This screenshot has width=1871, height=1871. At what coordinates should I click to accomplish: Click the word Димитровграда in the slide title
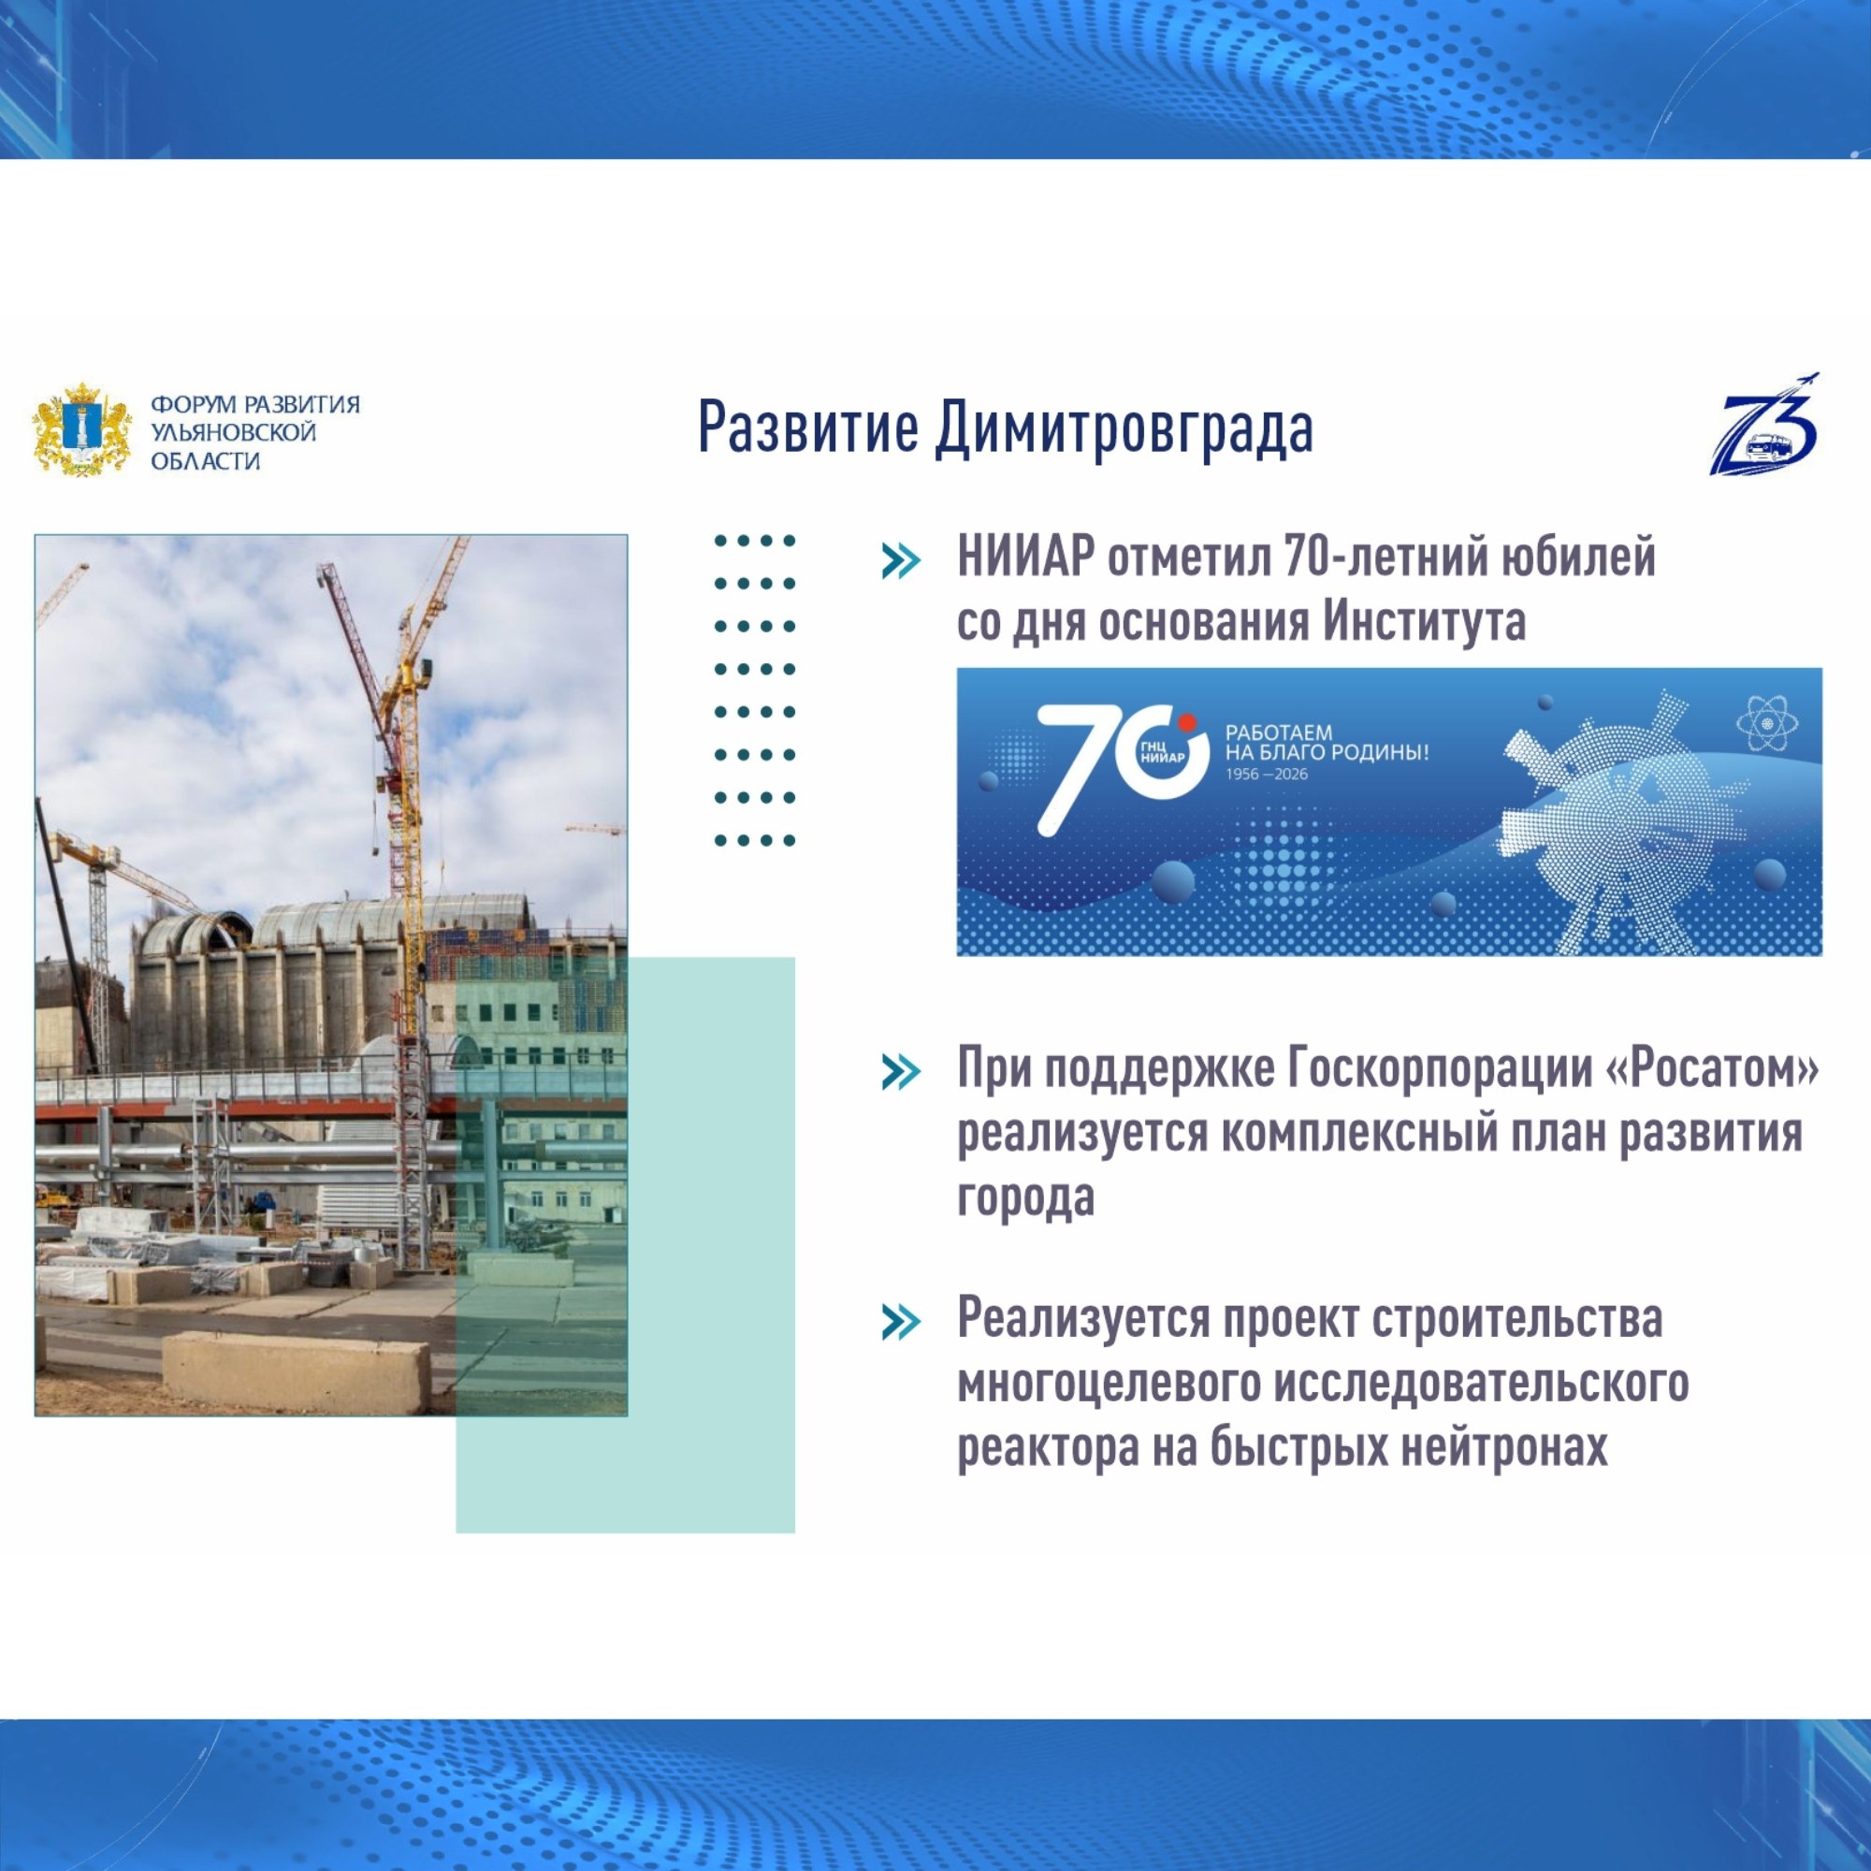click(1124, 428)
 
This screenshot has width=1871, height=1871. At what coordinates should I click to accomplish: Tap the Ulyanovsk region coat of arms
click(82, 429)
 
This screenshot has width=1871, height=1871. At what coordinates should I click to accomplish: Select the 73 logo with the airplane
click(1764, 424)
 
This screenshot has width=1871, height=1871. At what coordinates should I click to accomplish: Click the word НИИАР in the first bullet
click(1025, 558)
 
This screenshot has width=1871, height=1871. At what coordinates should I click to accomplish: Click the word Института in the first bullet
click(1425, 622)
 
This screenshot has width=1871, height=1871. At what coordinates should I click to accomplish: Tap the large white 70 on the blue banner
click(1122, 769)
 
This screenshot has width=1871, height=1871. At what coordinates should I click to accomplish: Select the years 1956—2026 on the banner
click(1266, 774)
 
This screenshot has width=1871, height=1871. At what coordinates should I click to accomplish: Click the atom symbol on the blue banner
click(1767, 723)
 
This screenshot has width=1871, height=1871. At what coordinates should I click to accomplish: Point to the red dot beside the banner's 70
click(1188, 722)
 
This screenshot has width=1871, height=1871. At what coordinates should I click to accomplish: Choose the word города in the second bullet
click(1025, 1199)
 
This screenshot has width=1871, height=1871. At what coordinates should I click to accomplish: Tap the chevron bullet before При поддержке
click(901, 1072)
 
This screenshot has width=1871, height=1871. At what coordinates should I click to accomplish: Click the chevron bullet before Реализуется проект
click(901, 1322)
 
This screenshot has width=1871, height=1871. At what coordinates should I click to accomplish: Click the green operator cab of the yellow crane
click(423, 669)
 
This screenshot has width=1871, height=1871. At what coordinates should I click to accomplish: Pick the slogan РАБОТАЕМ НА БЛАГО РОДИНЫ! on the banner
click(1327, 743)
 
